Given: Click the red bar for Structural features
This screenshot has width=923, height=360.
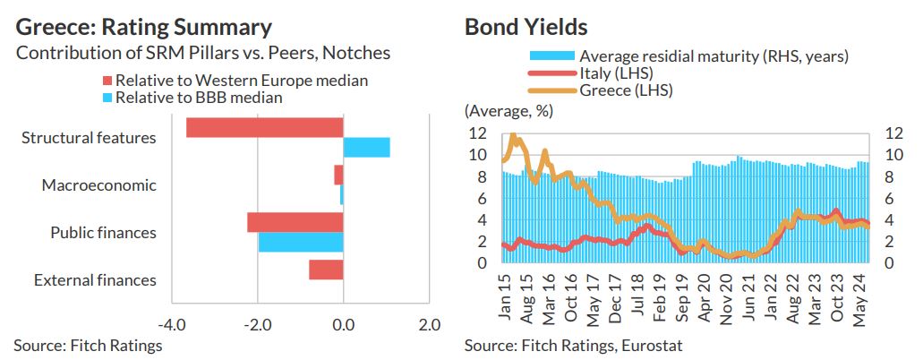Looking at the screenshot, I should [x=265, y=127].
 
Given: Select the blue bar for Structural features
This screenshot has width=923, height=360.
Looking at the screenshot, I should [x=367, y=148].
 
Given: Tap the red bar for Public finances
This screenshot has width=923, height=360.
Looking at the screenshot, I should [x=295, y=222].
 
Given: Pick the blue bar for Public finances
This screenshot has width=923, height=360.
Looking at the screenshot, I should [x=301, y=242].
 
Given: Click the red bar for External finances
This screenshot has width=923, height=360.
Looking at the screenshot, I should [x=327, y=270].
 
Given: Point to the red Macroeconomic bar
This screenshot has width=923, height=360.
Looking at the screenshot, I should [x=338, y=175].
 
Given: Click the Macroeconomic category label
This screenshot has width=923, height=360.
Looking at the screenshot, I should [x=98, y=185].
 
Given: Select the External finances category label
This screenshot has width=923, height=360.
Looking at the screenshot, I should [x=95, y=280].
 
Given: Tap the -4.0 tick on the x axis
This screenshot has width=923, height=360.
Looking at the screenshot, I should [x=170, y=322].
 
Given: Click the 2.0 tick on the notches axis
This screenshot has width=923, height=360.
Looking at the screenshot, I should [x=430, y=322].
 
